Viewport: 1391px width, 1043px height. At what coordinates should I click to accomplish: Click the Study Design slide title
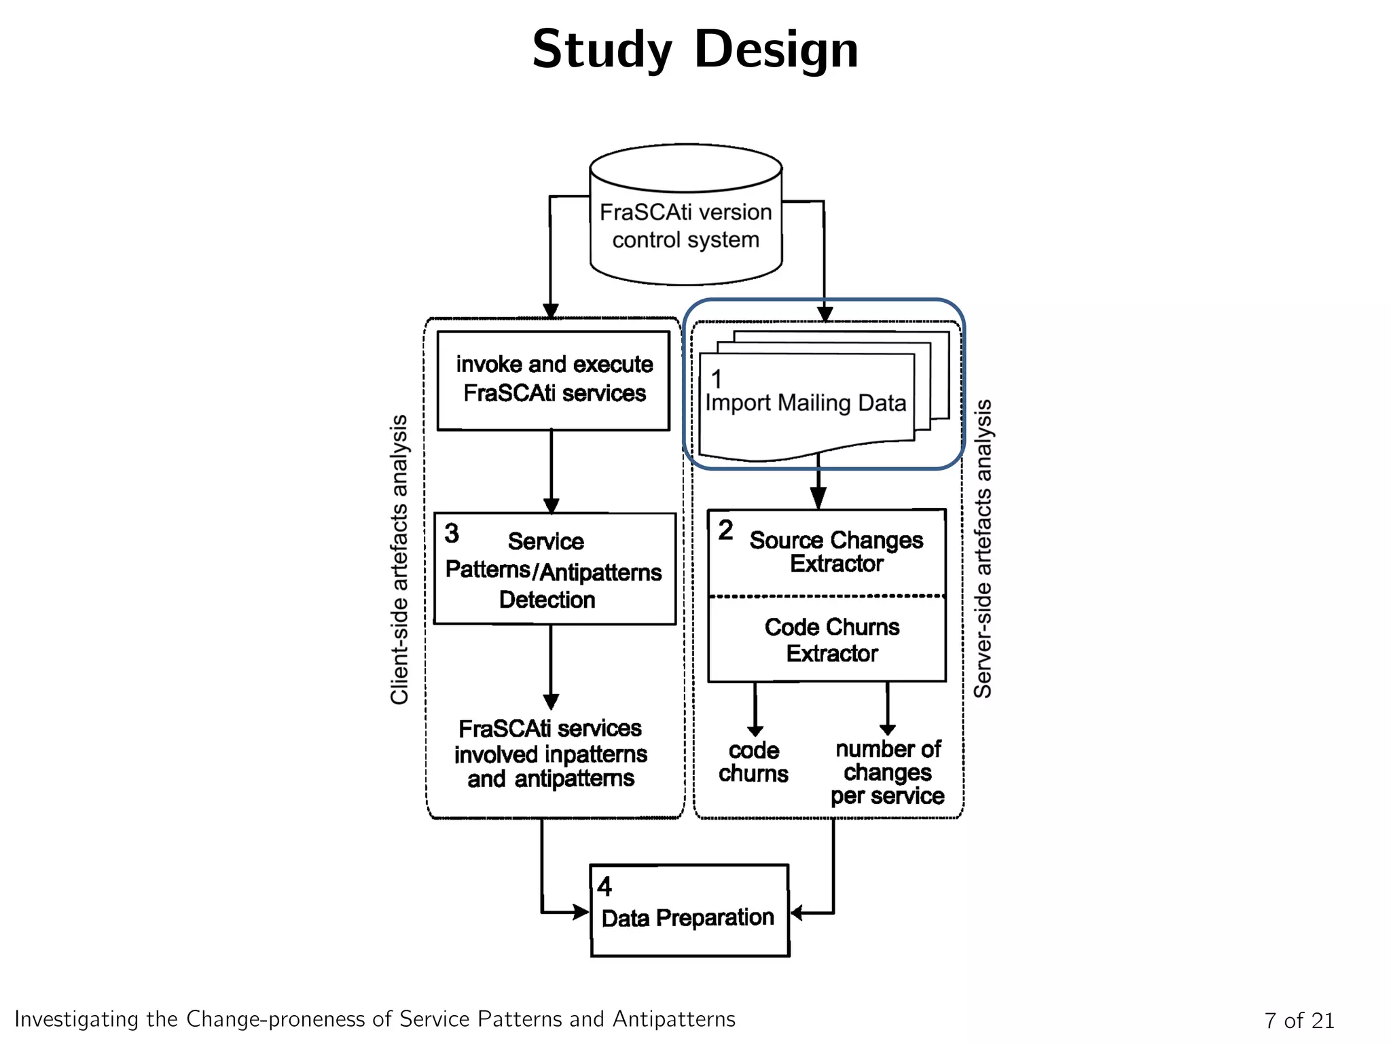[695, 50]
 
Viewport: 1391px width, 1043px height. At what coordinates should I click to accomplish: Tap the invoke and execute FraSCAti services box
[554, 380]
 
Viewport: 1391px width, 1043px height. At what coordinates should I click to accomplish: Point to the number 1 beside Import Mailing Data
[717, 378]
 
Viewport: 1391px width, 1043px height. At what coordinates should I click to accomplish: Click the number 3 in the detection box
[452, 533]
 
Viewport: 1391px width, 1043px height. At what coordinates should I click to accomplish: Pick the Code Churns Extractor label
[831, 640]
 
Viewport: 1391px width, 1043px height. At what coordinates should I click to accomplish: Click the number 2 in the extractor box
[725, 530]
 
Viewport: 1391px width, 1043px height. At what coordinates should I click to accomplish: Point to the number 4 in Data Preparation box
[604, 887]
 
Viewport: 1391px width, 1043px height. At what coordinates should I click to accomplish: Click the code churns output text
[753, 762]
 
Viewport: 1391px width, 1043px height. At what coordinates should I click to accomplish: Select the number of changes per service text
[888, 773]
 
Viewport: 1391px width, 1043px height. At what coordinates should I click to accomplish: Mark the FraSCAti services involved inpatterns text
[551, 753]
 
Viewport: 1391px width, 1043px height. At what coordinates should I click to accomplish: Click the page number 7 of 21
[1299, 1020]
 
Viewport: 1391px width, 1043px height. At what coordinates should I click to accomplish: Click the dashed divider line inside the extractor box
[827, 596]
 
